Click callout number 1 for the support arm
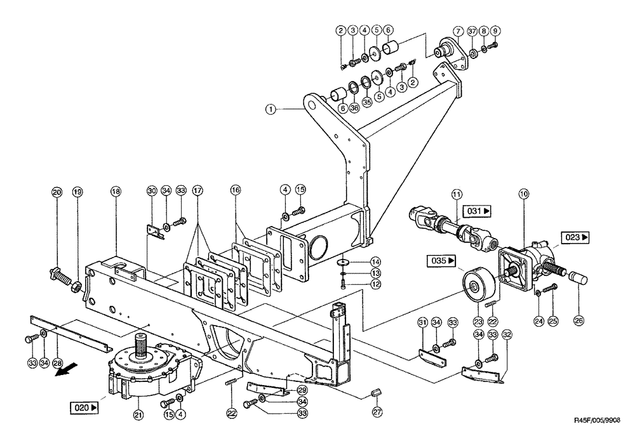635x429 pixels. pyautogui.click(x=271, y=109)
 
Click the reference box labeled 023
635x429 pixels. pyautogui.click(x=575, y=237)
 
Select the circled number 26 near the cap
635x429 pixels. pyautogui.click(x=578, y=321)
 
